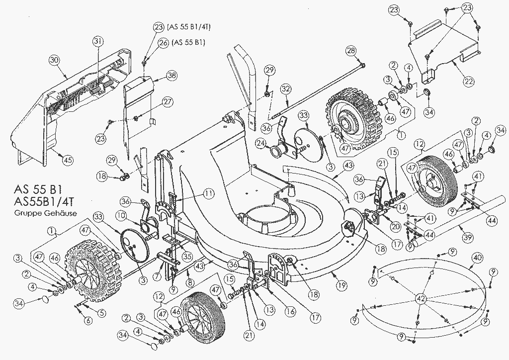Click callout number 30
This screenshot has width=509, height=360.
tap(54, 60)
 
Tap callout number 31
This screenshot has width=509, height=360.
tap(98, 42)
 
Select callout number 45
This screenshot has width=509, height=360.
tap(68, 160)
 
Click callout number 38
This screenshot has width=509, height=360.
tap(172, 76)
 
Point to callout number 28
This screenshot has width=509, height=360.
tap(351, 51)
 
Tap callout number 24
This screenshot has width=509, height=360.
tap(259, 143)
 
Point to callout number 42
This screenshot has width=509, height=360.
tap(421, 299)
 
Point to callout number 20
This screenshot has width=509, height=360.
tap(396, 225)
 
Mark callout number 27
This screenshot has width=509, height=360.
tap(167, 101)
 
